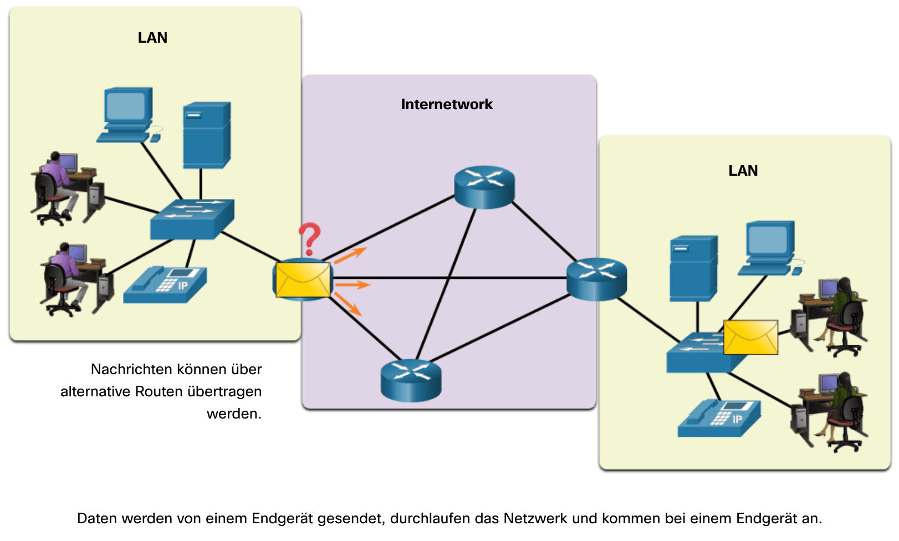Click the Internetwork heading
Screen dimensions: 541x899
click(447, 104)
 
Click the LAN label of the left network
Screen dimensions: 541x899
click(152, 38)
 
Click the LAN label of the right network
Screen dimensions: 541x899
click(743, 171)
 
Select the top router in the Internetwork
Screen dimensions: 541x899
click(484, 187)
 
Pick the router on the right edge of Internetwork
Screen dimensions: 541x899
click(596, 279)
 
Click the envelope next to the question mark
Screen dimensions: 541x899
click(303, 280)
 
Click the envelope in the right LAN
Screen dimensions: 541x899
click(750, 337)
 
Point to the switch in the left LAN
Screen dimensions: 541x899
click(192, 220)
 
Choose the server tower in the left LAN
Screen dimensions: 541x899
click(206, 135)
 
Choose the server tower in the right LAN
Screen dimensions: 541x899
click(693, 268)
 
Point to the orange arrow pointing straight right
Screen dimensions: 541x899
click(352, 285)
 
